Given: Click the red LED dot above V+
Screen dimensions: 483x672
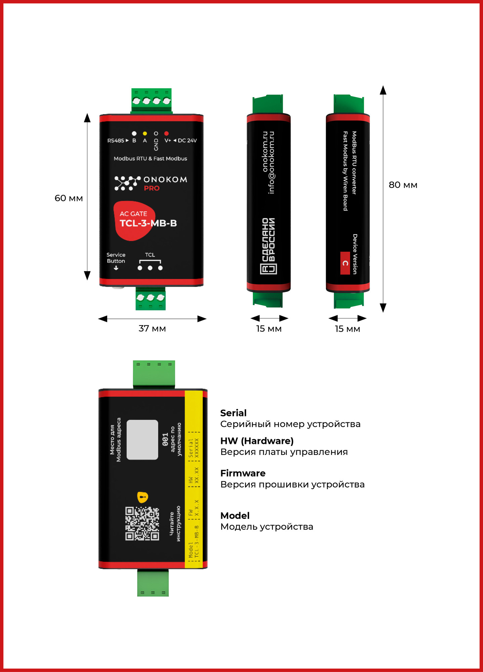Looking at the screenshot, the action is [166, 133].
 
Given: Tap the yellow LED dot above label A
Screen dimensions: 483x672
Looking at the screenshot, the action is [145, 133].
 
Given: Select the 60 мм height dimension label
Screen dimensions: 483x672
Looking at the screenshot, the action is [69, 198].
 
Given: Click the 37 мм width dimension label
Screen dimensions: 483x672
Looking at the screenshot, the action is [152, 328].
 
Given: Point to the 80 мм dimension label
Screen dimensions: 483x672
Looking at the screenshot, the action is [403, 185].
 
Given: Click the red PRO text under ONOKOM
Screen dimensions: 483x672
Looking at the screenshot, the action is [152, 188].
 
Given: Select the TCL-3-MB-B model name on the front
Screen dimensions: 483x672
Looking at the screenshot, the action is [148, 223].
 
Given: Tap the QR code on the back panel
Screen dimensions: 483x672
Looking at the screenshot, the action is [142, 523].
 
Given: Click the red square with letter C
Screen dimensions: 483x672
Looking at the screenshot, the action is [345, 263].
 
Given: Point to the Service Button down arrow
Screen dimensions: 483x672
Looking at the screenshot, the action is [116, 268].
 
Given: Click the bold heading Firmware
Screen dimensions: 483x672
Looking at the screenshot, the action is [243, 473].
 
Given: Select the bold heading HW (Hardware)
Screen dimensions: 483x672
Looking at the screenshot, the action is [257, 441].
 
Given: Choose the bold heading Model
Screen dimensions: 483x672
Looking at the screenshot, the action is [235, 515].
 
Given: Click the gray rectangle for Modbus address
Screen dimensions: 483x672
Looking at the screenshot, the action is [142, 439].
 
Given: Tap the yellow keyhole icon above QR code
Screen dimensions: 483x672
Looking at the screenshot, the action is [143, 497].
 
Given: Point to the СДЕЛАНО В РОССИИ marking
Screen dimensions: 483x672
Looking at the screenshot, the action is [269, 246].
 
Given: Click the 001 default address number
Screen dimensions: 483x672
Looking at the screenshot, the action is [165, 439].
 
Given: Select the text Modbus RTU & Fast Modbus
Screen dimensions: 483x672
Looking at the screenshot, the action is [150, 159].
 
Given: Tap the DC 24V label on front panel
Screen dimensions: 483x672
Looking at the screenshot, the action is [187, 140].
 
